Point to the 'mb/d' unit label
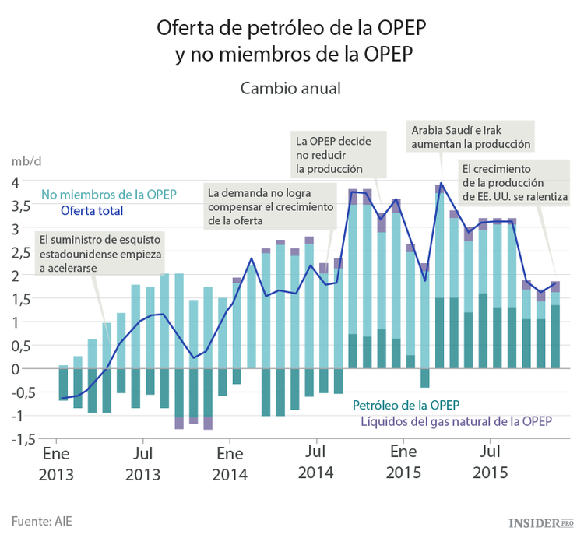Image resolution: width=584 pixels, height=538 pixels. (26, 161)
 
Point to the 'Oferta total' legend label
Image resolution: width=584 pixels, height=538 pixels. (92, 210)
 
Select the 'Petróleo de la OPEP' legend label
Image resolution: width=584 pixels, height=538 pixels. (406, 405)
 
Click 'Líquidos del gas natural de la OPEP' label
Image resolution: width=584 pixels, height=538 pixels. (456, 421)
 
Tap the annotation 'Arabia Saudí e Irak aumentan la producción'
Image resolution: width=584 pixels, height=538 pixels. (471, 137)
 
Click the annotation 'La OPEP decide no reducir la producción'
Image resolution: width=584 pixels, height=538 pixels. (332, 153)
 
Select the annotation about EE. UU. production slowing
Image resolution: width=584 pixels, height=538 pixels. (514, 182)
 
